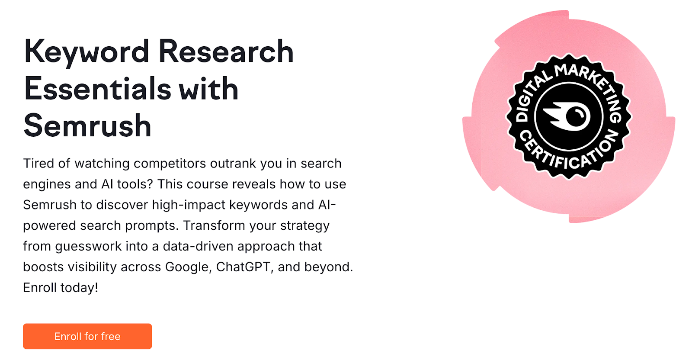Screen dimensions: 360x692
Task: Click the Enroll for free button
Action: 87,336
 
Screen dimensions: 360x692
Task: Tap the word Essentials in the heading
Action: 98,89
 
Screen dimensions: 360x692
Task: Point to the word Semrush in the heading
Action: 87,126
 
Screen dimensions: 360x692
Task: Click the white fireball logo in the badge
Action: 567,116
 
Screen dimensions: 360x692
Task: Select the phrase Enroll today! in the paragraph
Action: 61,288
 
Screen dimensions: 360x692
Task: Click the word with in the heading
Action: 208,89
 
